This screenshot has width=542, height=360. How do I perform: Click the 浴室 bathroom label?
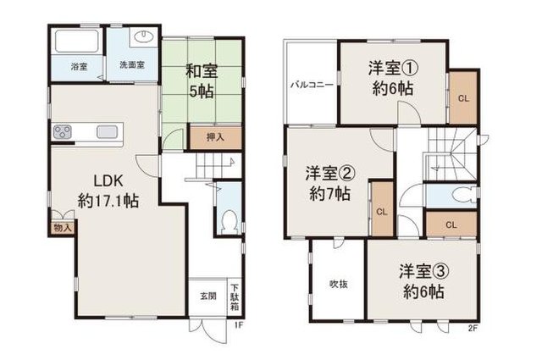(79, 67)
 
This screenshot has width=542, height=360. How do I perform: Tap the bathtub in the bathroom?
(77, 42)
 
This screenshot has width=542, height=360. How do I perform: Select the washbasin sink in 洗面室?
(145, 37)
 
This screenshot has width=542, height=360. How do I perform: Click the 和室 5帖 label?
(202, 81)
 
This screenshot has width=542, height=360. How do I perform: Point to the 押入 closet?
(215, 137)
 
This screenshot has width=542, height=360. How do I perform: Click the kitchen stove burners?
(63, 132)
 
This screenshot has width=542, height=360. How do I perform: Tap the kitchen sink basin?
(108, 132)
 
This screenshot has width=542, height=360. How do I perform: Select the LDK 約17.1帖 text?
(108, 191)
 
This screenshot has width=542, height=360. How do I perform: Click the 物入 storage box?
(63, 228)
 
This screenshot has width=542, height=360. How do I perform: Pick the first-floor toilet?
(229, 221)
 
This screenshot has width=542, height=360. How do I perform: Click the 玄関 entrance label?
(208, 296)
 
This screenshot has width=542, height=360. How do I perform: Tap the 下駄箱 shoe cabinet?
(235, 297)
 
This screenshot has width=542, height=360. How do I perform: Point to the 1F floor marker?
(239, 325)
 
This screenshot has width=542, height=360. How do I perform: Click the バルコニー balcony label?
(312, 85)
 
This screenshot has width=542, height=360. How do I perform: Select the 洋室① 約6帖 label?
(393, 78)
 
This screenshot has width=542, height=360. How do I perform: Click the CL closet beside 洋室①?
(463, 97)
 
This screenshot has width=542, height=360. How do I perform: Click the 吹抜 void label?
(339, 285)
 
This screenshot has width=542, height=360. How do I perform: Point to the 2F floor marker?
(473, 329)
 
